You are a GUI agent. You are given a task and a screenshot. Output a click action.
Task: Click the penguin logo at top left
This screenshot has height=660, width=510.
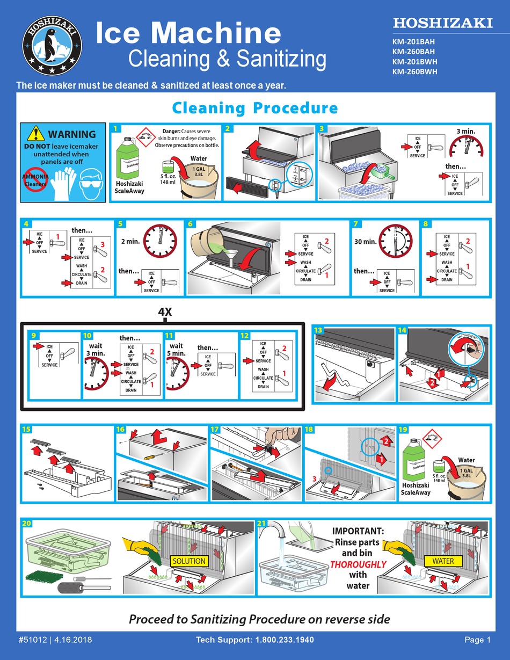(x=52, y=45)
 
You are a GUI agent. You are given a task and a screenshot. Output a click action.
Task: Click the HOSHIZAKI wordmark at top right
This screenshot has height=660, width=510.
(x=442, y=23)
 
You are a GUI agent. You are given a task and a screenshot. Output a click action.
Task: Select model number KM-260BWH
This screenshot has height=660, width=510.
(x=414, y=71)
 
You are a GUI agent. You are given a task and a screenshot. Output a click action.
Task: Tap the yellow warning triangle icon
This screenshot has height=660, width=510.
(x=36, y=133)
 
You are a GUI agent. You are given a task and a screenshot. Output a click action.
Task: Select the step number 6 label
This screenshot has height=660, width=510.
(x=191, y=223)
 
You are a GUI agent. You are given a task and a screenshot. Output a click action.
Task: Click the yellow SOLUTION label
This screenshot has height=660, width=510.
(x=189, y=561)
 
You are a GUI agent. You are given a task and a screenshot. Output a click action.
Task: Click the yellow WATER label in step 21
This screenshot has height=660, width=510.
(x=443, y=561)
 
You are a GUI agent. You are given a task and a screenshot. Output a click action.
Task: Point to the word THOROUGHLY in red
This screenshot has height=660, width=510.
(x=358, y=564)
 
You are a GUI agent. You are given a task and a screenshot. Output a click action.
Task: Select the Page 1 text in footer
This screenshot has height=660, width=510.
(x=477, y=640)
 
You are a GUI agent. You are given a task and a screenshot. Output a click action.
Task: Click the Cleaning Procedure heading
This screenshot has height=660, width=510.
(x=254, y=108)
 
